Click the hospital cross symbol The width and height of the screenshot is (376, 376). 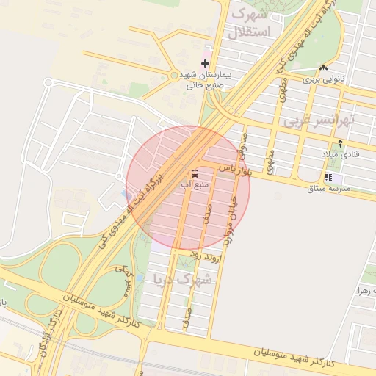205,64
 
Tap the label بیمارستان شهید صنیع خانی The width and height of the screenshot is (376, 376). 205,80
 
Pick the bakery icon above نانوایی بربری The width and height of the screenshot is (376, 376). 324,68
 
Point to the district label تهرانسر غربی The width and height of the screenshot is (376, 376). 320,119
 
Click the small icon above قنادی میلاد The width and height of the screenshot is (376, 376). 339,142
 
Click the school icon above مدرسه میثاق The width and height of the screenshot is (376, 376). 328,178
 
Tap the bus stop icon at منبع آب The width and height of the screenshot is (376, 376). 195,173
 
